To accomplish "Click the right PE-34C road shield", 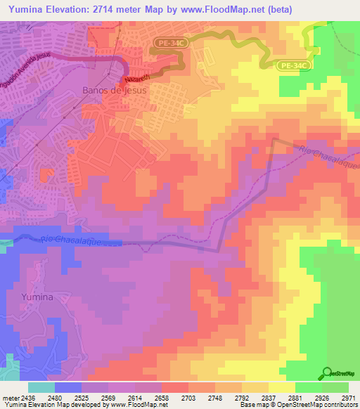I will point(292,65).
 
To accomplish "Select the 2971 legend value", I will point(348,398).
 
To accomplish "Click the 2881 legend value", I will point(295,398).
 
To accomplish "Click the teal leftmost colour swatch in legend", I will point(41,387).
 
